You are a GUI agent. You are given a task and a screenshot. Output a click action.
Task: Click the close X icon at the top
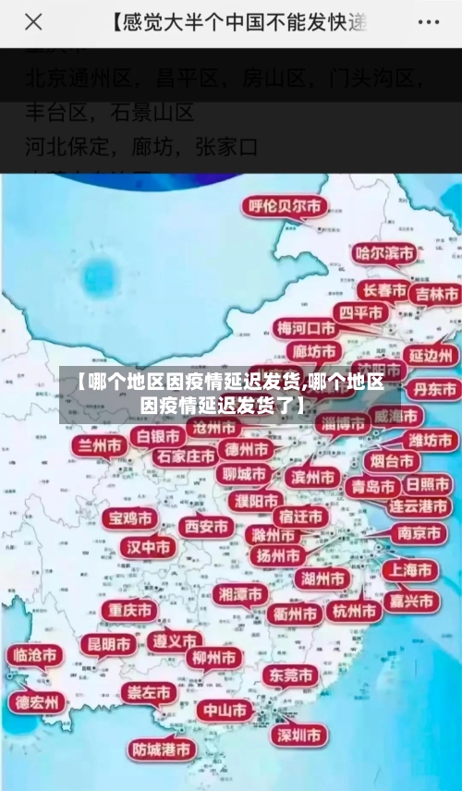pos(33,22)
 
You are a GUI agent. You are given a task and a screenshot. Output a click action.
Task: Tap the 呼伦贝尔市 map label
pos(284,207)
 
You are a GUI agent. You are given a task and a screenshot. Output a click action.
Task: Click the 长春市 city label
pos(383,290)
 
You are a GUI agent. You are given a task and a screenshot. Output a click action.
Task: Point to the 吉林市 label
pos(437,295)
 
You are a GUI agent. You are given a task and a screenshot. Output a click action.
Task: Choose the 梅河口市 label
pos(307,328)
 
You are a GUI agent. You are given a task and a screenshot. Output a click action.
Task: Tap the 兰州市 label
pos(101,446)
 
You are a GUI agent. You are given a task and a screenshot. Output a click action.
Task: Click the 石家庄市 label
pos(185,456)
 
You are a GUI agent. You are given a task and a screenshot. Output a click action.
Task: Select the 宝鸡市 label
pos(129,518)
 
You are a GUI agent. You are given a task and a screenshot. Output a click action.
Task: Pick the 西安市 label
pos(205,527)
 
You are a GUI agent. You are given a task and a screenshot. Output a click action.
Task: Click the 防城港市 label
pos(162,749)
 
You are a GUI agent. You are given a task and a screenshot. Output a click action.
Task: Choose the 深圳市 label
pos(298,736)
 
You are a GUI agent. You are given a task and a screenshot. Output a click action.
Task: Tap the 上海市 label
pos(410,570)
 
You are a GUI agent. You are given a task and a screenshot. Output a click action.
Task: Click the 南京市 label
pos(419,533)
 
